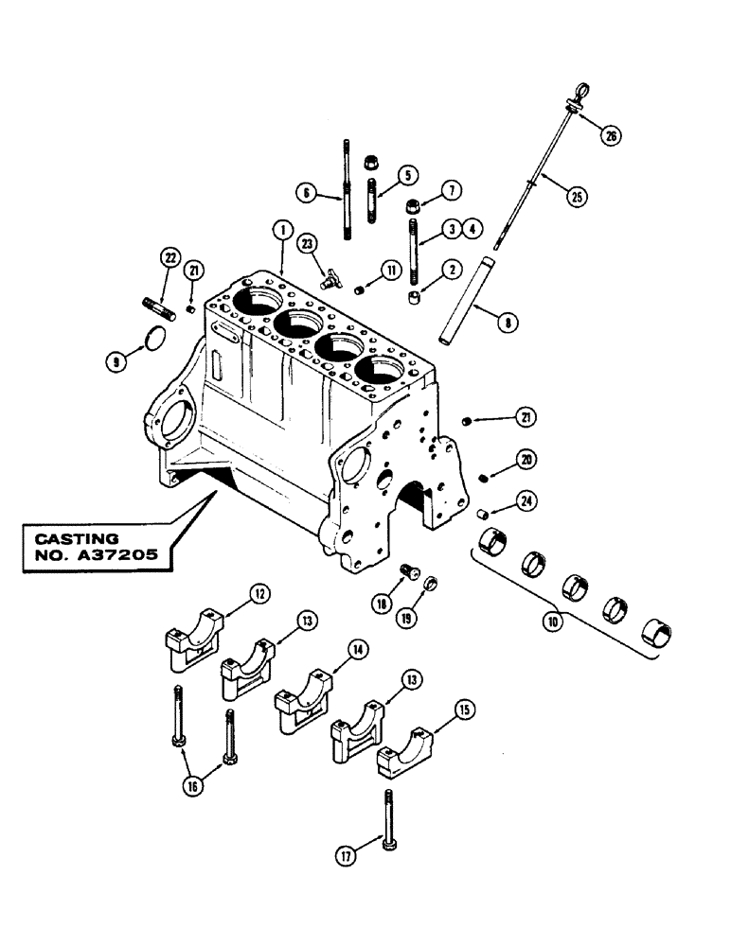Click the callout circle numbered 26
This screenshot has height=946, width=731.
pos(612,136)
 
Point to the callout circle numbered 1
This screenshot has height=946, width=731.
pos(280,229)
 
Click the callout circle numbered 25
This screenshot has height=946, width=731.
pos(574,197)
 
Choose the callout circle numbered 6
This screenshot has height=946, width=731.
pos(306,196)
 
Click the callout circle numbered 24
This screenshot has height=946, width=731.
pos(526,501)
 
